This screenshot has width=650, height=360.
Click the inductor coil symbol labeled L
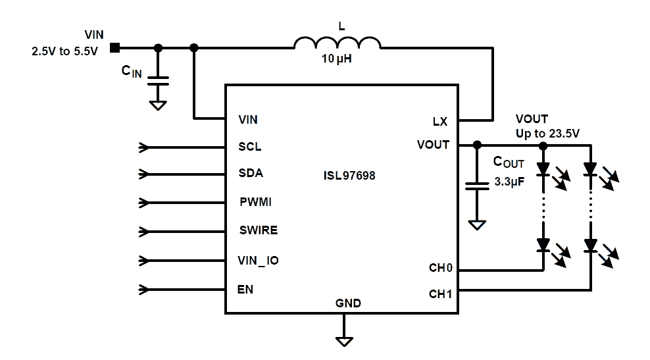(x=337, y=43)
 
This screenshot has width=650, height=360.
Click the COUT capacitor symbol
(x=476, y=187)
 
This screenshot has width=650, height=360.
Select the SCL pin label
(x=249, y=147)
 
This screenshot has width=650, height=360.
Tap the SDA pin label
(x=250, y=174)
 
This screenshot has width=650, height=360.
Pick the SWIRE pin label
(x=258, y=230)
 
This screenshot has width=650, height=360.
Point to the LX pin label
(x=440, y=121)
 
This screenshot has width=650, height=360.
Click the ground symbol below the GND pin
(x=343, y=340)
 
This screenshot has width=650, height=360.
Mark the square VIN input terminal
(x=114, y=47)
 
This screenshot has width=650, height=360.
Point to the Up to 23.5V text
(x=547, y=134)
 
